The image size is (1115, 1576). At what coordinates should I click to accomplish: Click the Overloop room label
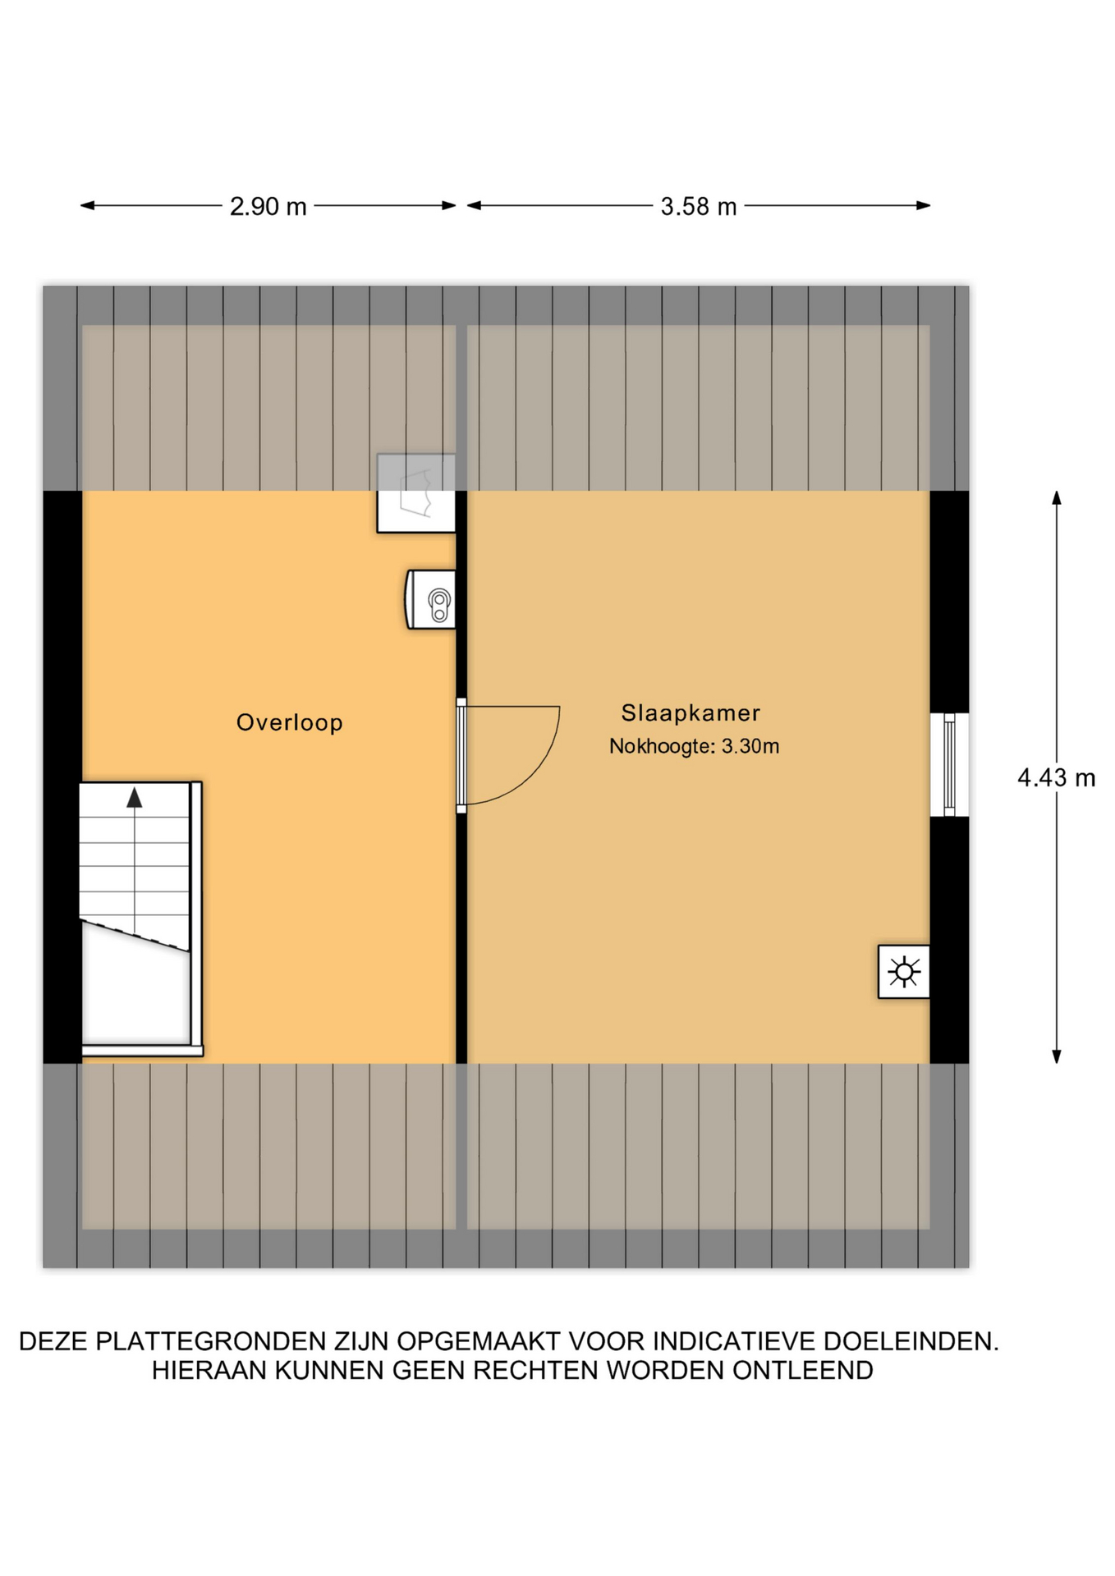289,722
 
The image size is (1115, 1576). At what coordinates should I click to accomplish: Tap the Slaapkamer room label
691,712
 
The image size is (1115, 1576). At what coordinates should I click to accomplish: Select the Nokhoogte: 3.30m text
694,746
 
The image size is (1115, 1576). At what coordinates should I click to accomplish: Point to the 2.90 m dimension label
268,206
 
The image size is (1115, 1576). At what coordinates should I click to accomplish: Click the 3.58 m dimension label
699,206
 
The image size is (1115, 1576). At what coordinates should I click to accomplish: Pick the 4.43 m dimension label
1056,777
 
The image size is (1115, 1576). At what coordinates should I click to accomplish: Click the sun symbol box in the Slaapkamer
903,972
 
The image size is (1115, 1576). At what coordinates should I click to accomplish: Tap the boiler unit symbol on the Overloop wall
430,600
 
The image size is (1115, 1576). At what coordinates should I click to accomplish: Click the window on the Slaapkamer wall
949,765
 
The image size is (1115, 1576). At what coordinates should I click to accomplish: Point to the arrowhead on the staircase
134,797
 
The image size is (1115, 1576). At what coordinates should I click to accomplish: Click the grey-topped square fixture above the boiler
416,493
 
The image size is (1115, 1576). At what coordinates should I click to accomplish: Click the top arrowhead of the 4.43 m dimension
1057,497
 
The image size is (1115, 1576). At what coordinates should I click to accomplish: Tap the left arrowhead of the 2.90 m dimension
87,205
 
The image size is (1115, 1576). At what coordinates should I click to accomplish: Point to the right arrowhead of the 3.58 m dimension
924,205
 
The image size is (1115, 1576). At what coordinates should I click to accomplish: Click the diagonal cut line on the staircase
135,936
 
